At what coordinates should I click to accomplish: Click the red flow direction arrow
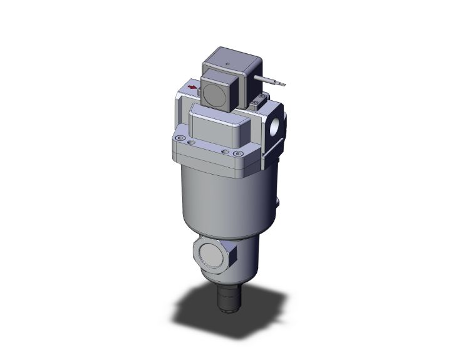(192, 88)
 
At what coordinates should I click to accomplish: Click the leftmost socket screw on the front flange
(180, 138)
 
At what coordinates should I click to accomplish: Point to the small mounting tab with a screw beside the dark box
(257, 100)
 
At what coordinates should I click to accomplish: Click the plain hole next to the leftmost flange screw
(191, 141)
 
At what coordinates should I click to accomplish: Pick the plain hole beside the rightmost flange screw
(224, 151)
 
